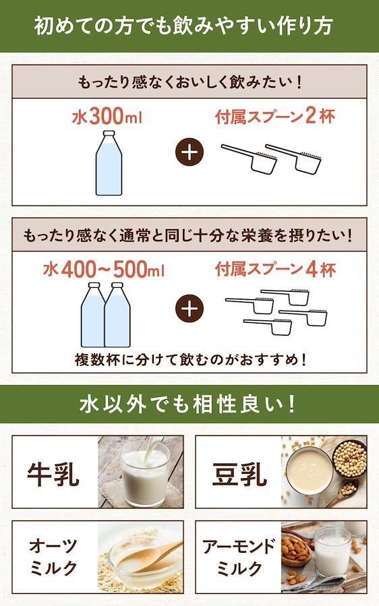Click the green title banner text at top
coord(183,26)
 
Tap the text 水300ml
coord(107,117)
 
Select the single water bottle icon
coord(109,162)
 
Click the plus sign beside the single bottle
coord(189,152)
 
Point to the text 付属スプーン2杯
coord(275,116)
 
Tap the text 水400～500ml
coord(104,270)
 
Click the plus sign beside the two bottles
coord(189,309)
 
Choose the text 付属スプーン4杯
coord(275,269)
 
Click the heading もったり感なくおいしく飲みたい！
coord(189,82)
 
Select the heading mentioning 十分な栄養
coord(188,235)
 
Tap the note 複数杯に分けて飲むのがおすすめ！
coord(191,360)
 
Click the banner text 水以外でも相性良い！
coord(187,404)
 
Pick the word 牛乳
coord(53,474)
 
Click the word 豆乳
coord(240,474)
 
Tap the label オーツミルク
coord(53,557)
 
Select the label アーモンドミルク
coord(239,557)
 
